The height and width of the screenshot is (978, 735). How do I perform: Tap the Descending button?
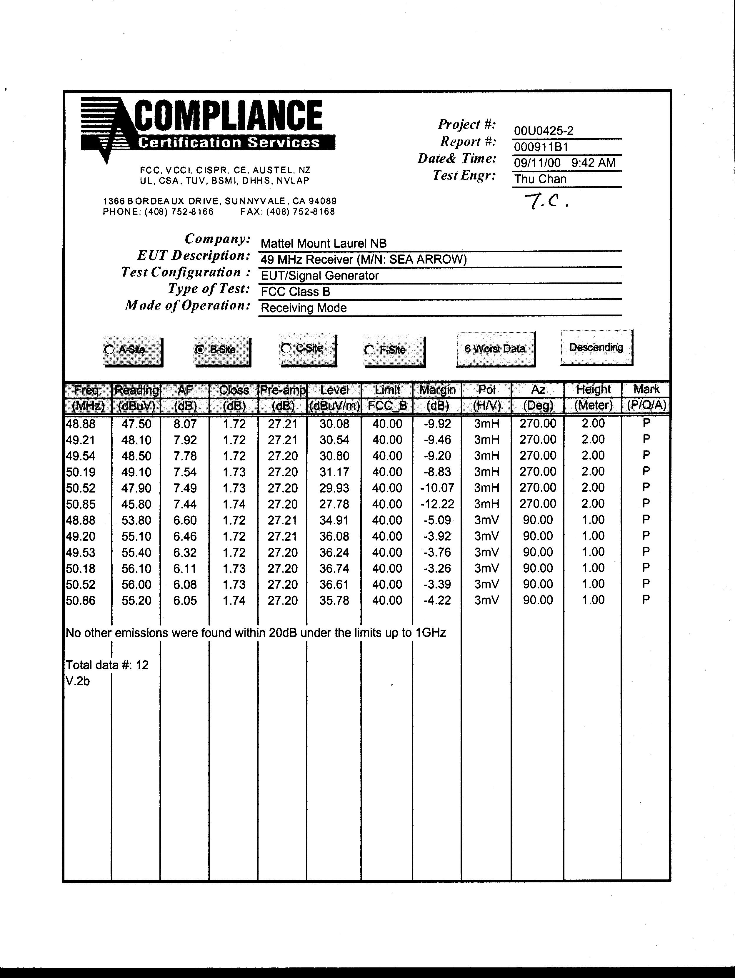(x=596, y=347)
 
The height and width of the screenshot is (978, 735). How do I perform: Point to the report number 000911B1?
(x=541, y=147)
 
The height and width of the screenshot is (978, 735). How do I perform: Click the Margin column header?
(x=437, y=390)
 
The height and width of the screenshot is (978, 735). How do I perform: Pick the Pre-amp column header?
(x=282, y=390)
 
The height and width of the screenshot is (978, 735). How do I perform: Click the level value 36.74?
(x=334, y=568)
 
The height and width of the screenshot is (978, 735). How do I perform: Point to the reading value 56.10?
(x=136, y=568)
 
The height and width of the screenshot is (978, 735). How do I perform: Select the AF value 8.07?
(x=185, y=424)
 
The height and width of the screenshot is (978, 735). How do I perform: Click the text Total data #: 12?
(x=107, y=665)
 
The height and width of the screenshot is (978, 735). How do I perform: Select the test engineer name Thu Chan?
(x=540, y=179)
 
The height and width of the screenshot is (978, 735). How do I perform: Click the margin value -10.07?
(x=437, y=488)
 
